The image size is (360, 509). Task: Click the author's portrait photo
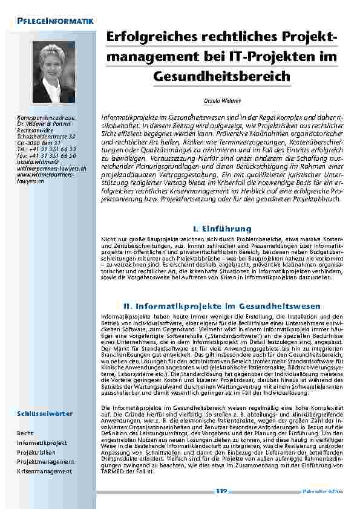[54, 72]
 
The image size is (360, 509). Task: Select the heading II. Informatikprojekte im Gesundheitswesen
[221, 306]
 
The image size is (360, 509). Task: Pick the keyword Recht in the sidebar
[25, 433]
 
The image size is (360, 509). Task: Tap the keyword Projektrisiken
[37, 452]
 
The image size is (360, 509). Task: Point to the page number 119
[221, 491]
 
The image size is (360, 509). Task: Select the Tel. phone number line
[47, 148]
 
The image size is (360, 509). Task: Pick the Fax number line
[47, 154]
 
